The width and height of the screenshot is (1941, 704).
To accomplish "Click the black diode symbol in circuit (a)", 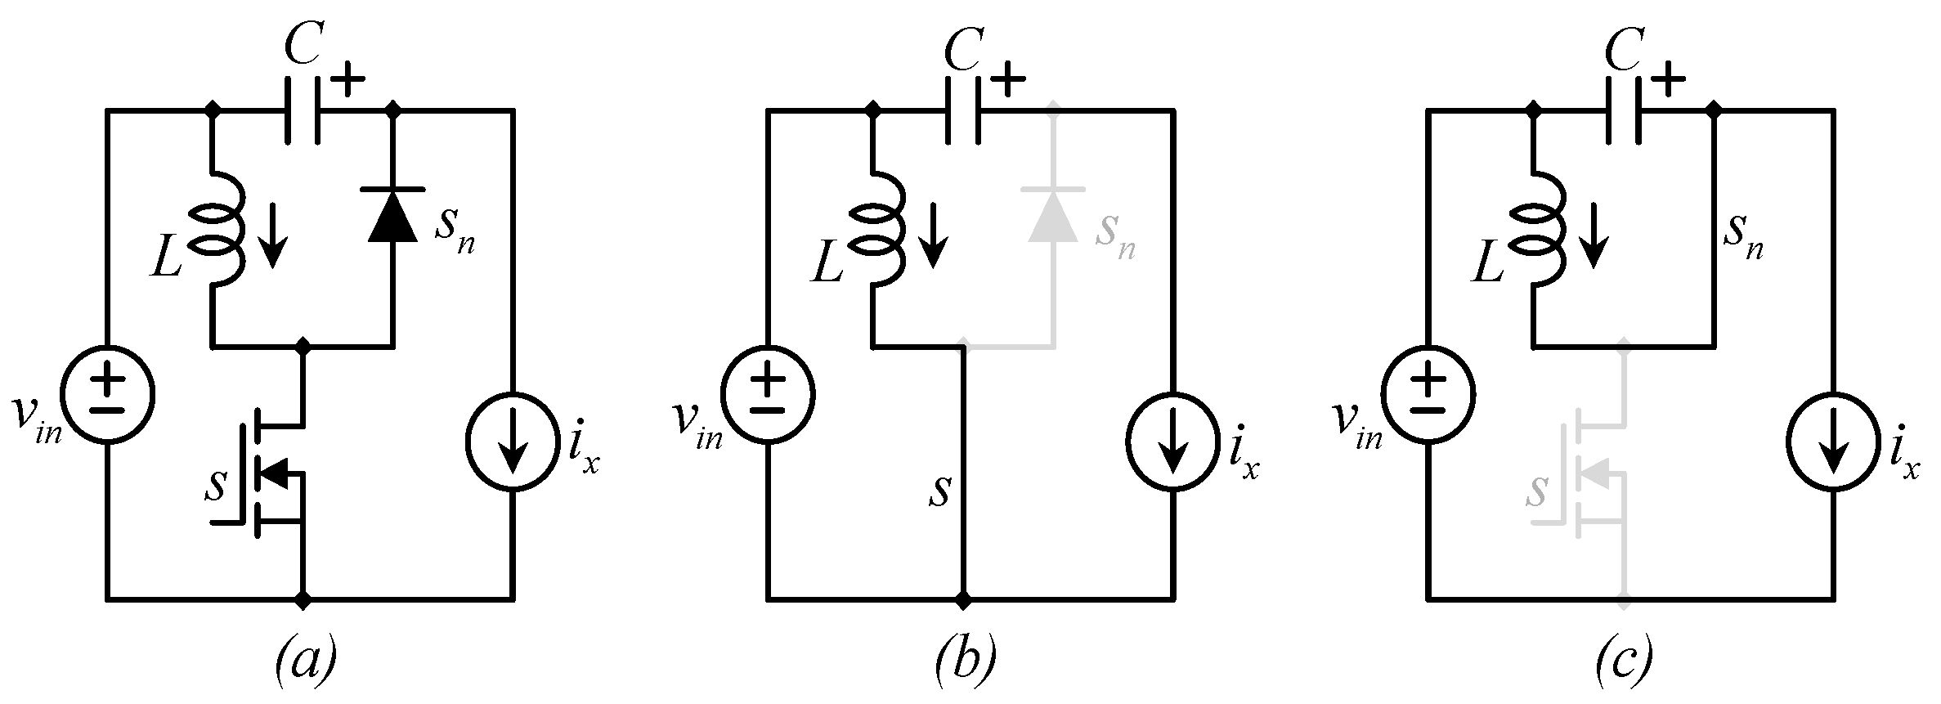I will click(394, 215).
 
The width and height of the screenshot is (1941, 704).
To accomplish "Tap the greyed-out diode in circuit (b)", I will click(1054, 215).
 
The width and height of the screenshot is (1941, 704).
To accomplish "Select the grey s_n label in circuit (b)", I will click(1114, 236).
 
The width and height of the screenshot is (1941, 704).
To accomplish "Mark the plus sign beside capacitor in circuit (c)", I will click(1663, 82).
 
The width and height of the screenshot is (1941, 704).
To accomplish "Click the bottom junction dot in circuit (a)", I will click(304, 601).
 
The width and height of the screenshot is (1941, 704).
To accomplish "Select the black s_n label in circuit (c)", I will click(1742, 236).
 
